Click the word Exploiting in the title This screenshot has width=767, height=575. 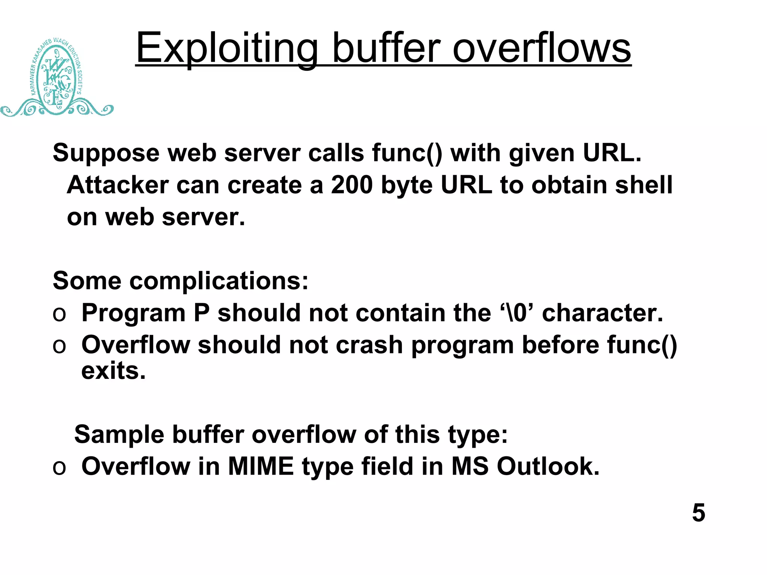point(227,49)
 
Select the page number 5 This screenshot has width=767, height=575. point(698,512)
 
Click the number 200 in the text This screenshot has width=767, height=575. point(352,185)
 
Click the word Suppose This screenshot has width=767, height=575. point(106,153)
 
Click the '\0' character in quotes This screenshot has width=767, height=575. point(516,313)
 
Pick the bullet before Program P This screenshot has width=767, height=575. point(59,314)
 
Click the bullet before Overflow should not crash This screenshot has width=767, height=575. point(59,346)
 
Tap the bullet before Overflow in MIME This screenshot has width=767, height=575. point(59,468)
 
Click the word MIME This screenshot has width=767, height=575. point(261,466)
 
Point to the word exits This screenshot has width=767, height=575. point(113,371)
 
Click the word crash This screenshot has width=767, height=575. point(369,345)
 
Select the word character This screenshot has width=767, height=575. point(602,313)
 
